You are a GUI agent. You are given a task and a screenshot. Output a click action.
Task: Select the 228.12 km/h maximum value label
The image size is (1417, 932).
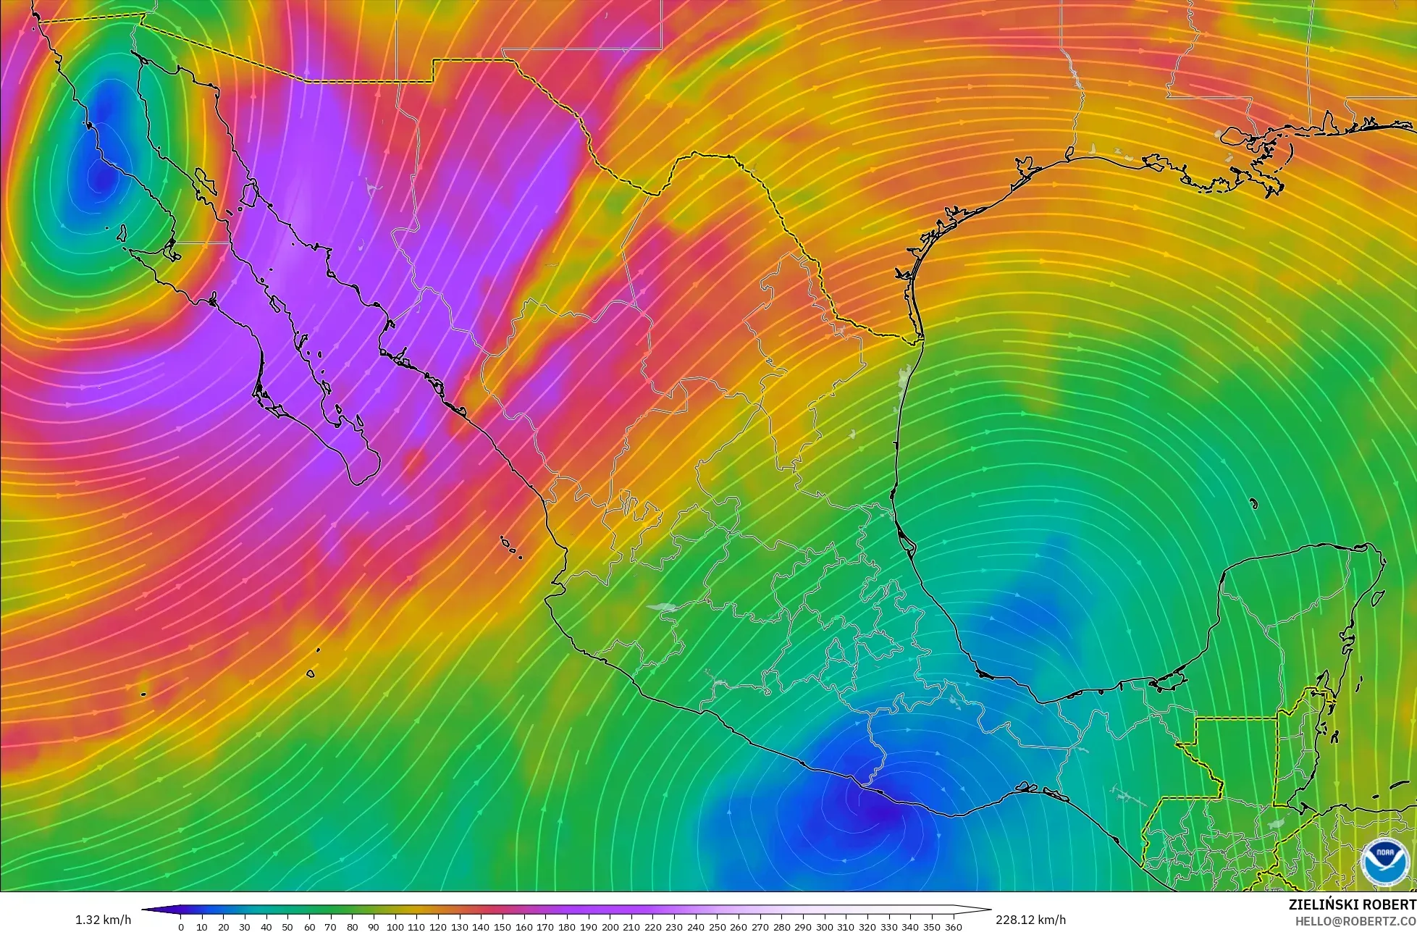click(x=1030, y=920)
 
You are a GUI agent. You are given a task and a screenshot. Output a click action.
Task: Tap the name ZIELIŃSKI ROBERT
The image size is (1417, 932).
click(x=1352, y=904)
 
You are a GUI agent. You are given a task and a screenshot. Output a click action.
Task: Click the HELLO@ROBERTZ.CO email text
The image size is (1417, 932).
click(x=1355, y=920)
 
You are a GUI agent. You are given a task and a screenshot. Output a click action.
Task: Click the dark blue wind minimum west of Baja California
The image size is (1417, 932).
click(x=98, y=170)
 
